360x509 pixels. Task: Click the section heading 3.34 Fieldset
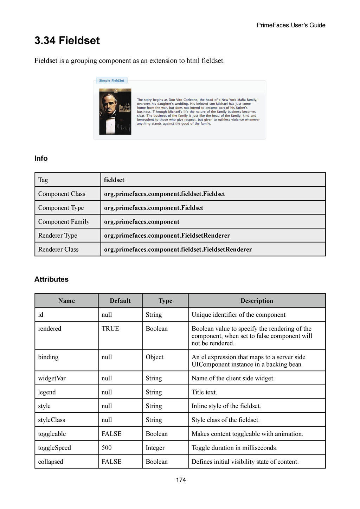click(67, 41)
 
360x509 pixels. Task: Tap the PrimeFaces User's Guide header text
click(291, 25)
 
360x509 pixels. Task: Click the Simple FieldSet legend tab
click(111, 80)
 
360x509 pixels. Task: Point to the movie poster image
click(115, 111)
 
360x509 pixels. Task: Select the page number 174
click(181, 480)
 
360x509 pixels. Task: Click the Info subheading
click(41, 159)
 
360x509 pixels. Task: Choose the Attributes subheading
click(51, 279)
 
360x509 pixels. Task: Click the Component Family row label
click(64, 222)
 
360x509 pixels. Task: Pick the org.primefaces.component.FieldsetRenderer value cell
click(167, 236)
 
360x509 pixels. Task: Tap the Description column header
click(257, 301)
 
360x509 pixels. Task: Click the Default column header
click(120, 301)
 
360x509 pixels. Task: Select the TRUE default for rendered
click(110, 329)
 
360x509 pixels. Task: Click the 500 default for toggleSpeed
click(107, 448)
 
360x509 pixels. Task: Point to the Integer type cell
click(155, 448)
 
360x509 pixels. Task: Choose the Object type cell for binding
click(154, 357)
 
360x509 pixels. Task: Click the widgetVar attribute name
click(52, 379)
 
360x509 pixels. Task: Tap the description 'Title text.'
click(204, 392)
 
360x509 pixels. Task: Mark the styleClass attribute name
click(51, 420)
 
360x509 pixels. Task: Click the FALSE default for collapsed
click(111, 462)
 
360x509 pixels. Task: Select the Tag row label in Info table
click(43, 180)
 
